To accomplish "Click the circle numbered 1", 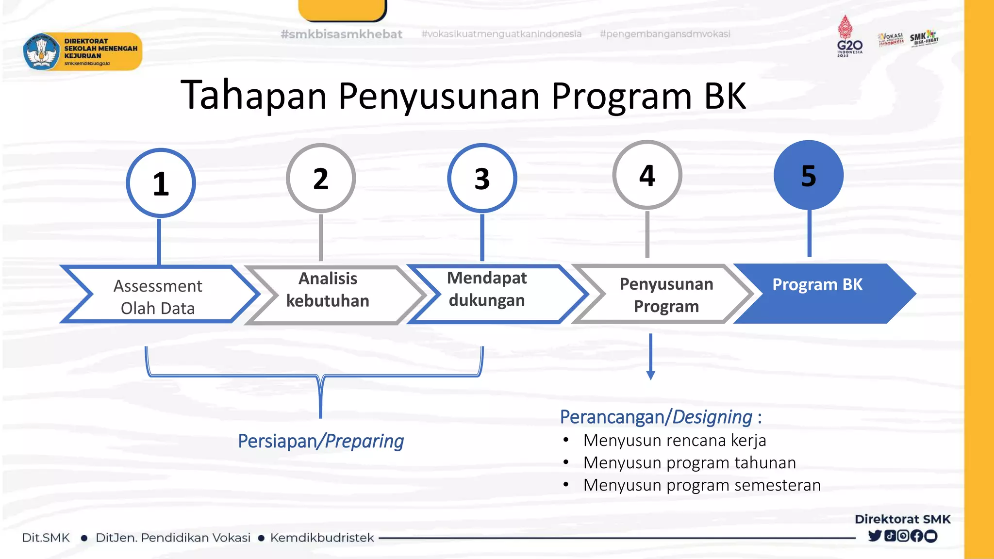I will coord(161,183).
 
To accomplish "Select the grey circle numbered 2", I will coord(321,178).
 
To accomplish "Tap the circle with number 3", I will coord(482,178).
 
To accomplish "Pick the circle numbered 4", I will coord(647,175).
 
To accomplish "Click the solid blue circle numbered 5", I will coord(809,175).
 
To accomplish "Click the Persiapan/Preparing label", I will coord(321,441).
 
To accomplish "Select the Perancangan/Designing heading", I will coord(661,417).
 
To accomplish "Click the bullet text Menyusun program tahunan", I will coord(689,462).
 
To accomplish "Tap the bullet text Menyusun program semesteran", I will coord(702,485).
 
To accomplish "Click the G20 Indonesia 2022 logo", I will coord(849,37).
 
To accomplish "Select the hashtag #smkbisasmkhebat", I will coord(341,34).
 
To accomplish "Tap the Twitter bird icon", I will coord(874,536).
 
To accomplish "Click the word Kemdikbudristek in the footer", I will coord(322,538).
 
